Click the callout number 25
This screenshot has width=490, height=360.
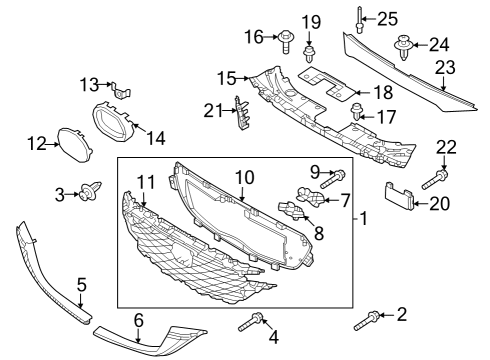tap(387, 19)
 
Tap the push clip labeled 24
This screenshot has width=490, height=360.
tap(403, 46)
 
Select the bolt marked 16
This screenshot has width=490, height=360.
tap(285, 41)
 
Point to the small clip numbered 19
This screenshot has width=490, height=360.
tap(309, 54)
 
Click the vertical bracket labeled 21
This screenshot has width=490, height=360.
tap(242, 113)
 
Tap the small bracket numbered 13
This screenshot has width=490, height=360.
tap(121, 90)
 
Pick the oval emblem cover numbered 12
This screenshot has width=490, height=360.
tap(75, 145)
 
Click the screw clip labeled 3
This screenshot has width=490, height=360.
tap(89, 191)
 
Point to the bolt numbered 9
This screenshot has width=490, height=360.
tap(333, 179)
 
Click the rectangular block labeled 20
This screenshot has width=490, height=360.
tap(399, 196)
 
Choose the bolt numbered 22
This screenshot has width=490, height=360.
tap(435, 179)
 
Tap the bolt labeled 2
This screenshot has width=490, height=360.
tap(366, 321)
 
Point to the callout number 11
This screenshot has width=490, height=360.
tap(147, 182)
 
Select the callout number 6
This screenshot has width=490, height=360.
tap(139, 320)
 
